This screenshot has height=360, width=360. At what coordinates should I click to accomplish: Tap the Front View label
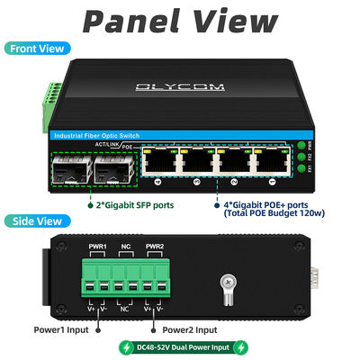coord(39,49)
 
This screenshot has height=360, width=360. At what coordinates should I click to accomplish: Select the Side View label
coord(35,220)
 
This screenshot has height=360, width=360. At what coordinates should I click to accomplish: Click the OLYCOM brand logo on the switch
coord(180,86)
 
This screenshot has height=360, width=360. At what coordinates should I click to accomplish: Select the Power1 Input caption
coord(61,328)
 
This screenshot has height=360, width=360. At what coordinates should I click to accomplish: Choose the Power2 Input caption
coord(188,328)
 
